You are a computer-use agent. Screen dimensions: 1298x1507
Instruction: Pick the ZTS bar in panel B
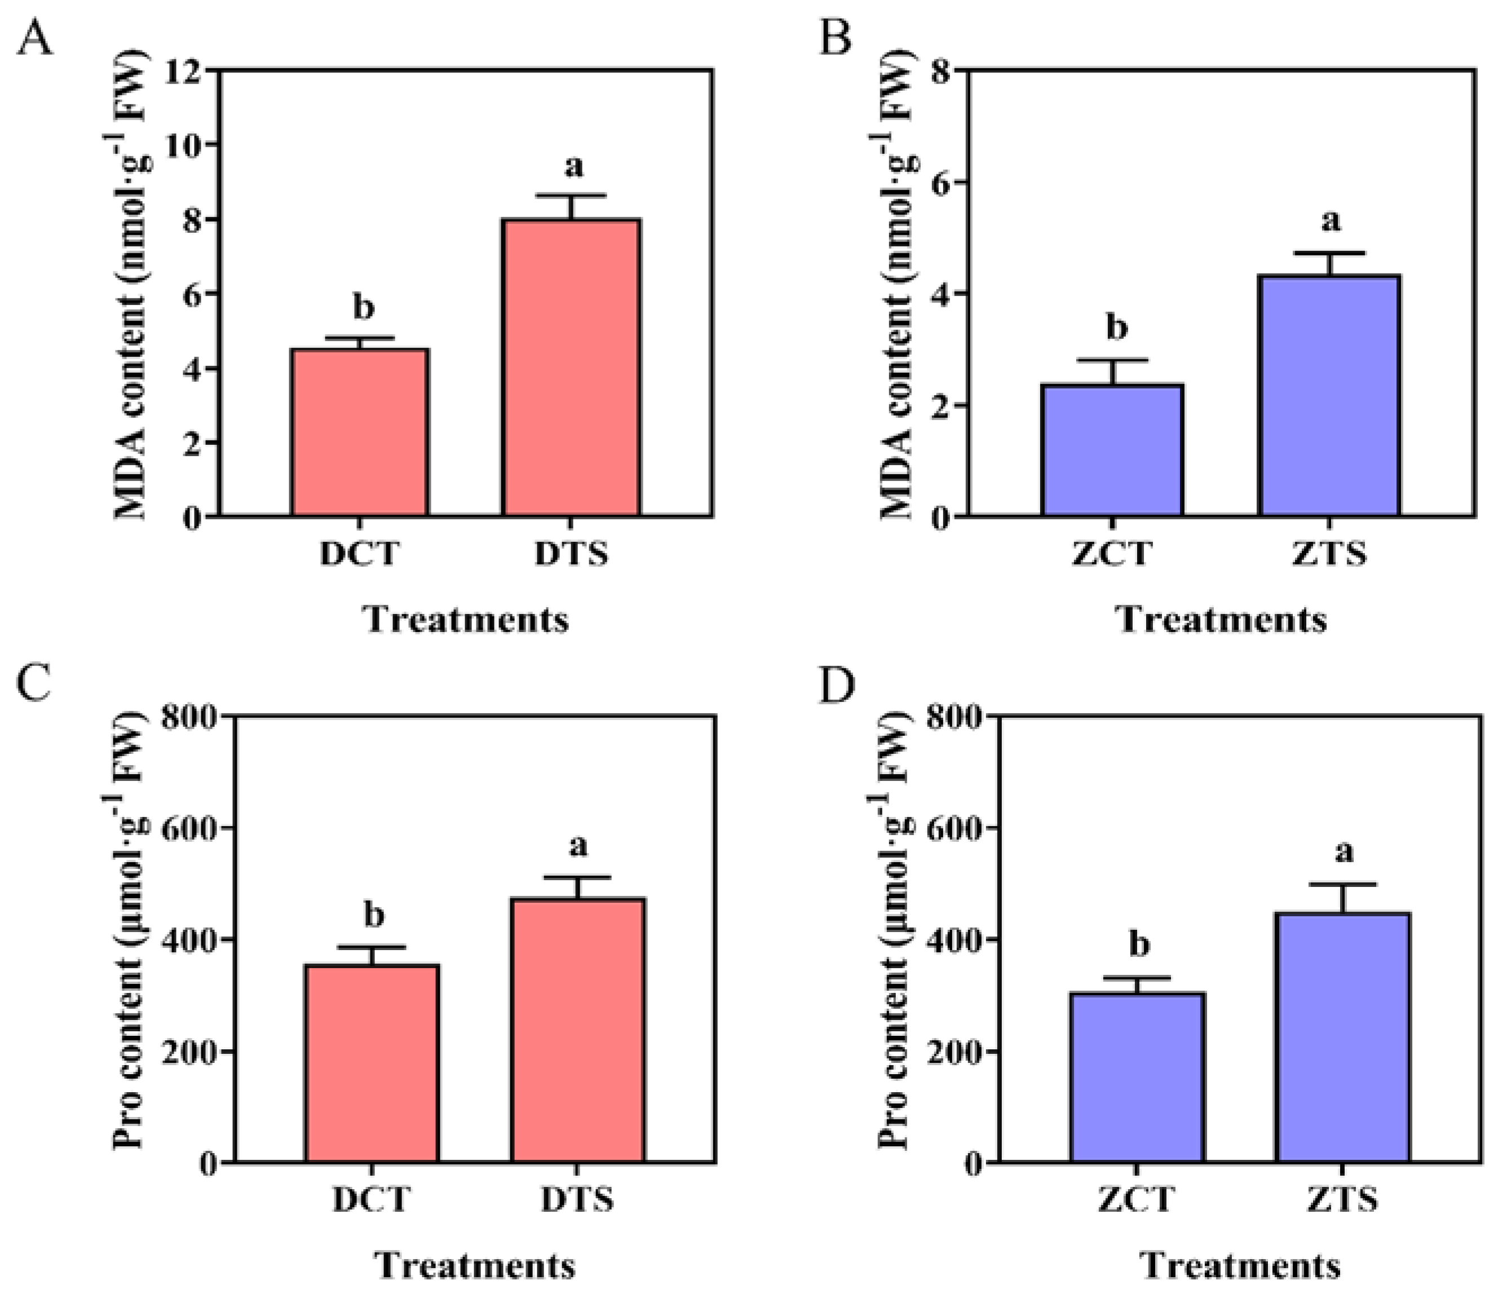point(1329,396)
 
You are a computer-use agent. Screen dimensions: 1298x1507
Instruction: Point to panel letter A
point(34,38)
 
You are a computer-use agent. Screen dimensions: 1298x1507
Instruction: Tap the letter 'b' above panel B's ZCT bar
point(1116,328)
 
